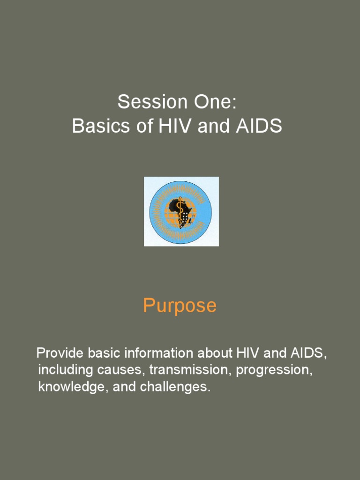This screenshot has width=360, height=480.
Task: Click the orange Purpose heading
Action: tap(180, 306)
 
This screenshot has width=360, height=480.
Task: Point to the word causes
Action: tap(121, 370)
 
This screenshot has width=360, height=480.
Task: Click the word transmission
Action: tap(190, 370)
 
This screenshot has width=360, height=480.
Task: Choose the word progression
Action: tap(274, 370)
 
